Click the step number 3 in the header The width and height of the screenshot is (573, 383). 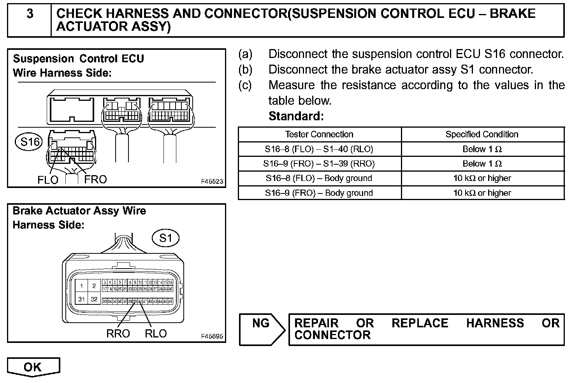(30, 14)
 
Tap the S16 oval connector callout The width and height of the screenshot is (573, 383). (29, 142)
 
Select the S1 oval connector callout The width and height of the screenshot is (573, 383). (166, 238)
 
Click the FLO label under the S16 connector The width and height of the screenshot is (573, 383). (47, 180)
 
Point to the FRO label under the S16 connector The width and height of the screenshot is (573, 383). (95, 179)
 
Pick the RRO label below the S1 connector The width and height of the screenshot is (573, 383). (118, 334)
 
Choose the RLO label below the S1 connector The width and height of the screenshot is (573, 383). (155, 334)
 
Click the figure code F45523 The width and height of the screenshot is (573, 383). (212, 181)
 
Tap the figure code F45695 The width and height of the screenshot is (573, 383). (212, 336)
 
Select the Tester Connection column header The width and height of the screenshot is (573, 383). (319, 135)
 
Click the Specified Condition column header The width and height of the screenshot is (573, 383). (482, 135)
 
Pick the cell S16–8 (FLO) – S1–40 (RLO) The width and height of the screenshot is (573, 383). (319, 149)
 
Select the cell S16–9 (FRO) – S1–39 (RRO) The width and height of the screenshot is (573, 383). (319, 164)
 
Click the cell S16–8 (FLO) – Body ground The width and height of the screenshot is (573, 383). (319, 178)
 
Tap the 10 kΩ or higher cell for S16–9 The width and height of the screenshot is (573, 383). (482, 193)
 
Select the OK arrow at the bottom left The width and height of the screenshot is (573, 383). (33, 367)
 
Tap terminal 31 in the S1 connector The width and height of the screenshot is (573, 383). (81, 299)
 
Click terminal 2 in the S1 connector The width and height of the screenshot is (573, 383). (94, 286)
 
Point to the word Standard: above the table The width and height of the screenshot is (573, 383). (296, 116)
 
